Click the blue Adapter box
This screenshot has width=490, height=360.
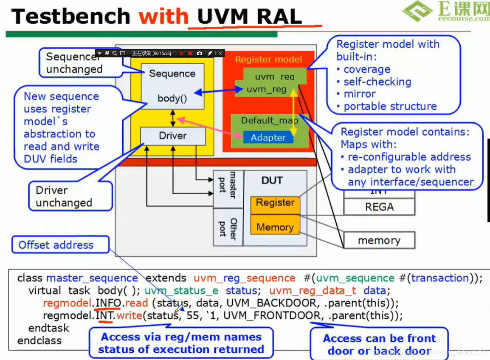click(x=268, y=137)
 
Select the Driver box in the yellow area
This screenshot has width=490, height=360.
click(x=173, y=136)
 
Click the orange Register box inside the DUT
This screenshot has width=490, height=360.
click(x=275, y=203)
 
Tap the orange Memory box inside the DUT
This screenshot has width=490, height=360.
click(x=275, y=227)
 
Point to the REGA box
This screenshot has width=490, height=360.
click(x=379, y=207)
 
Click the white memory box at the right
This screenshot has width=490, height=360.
click(x=379, y=241)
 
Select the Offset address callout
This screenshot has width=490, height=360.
click(x=56, y=245)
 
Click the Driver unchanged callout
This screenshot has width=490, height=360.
click(x=64, y=196)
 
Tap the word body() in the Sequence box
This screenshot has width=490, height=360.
click(x=172, y=99)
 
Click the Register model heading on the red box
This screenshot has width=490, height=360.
click(x=268, y=60)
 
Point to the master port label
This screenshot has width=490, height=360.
click(x=228, y=185)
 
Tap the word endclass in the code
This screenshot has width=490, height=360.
click(x=39, y=340)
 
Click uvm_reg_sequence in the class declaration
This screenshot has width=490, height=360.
click(x=244, y=278)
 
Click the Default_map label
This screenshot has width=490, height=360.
click(x=269, y=121)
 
